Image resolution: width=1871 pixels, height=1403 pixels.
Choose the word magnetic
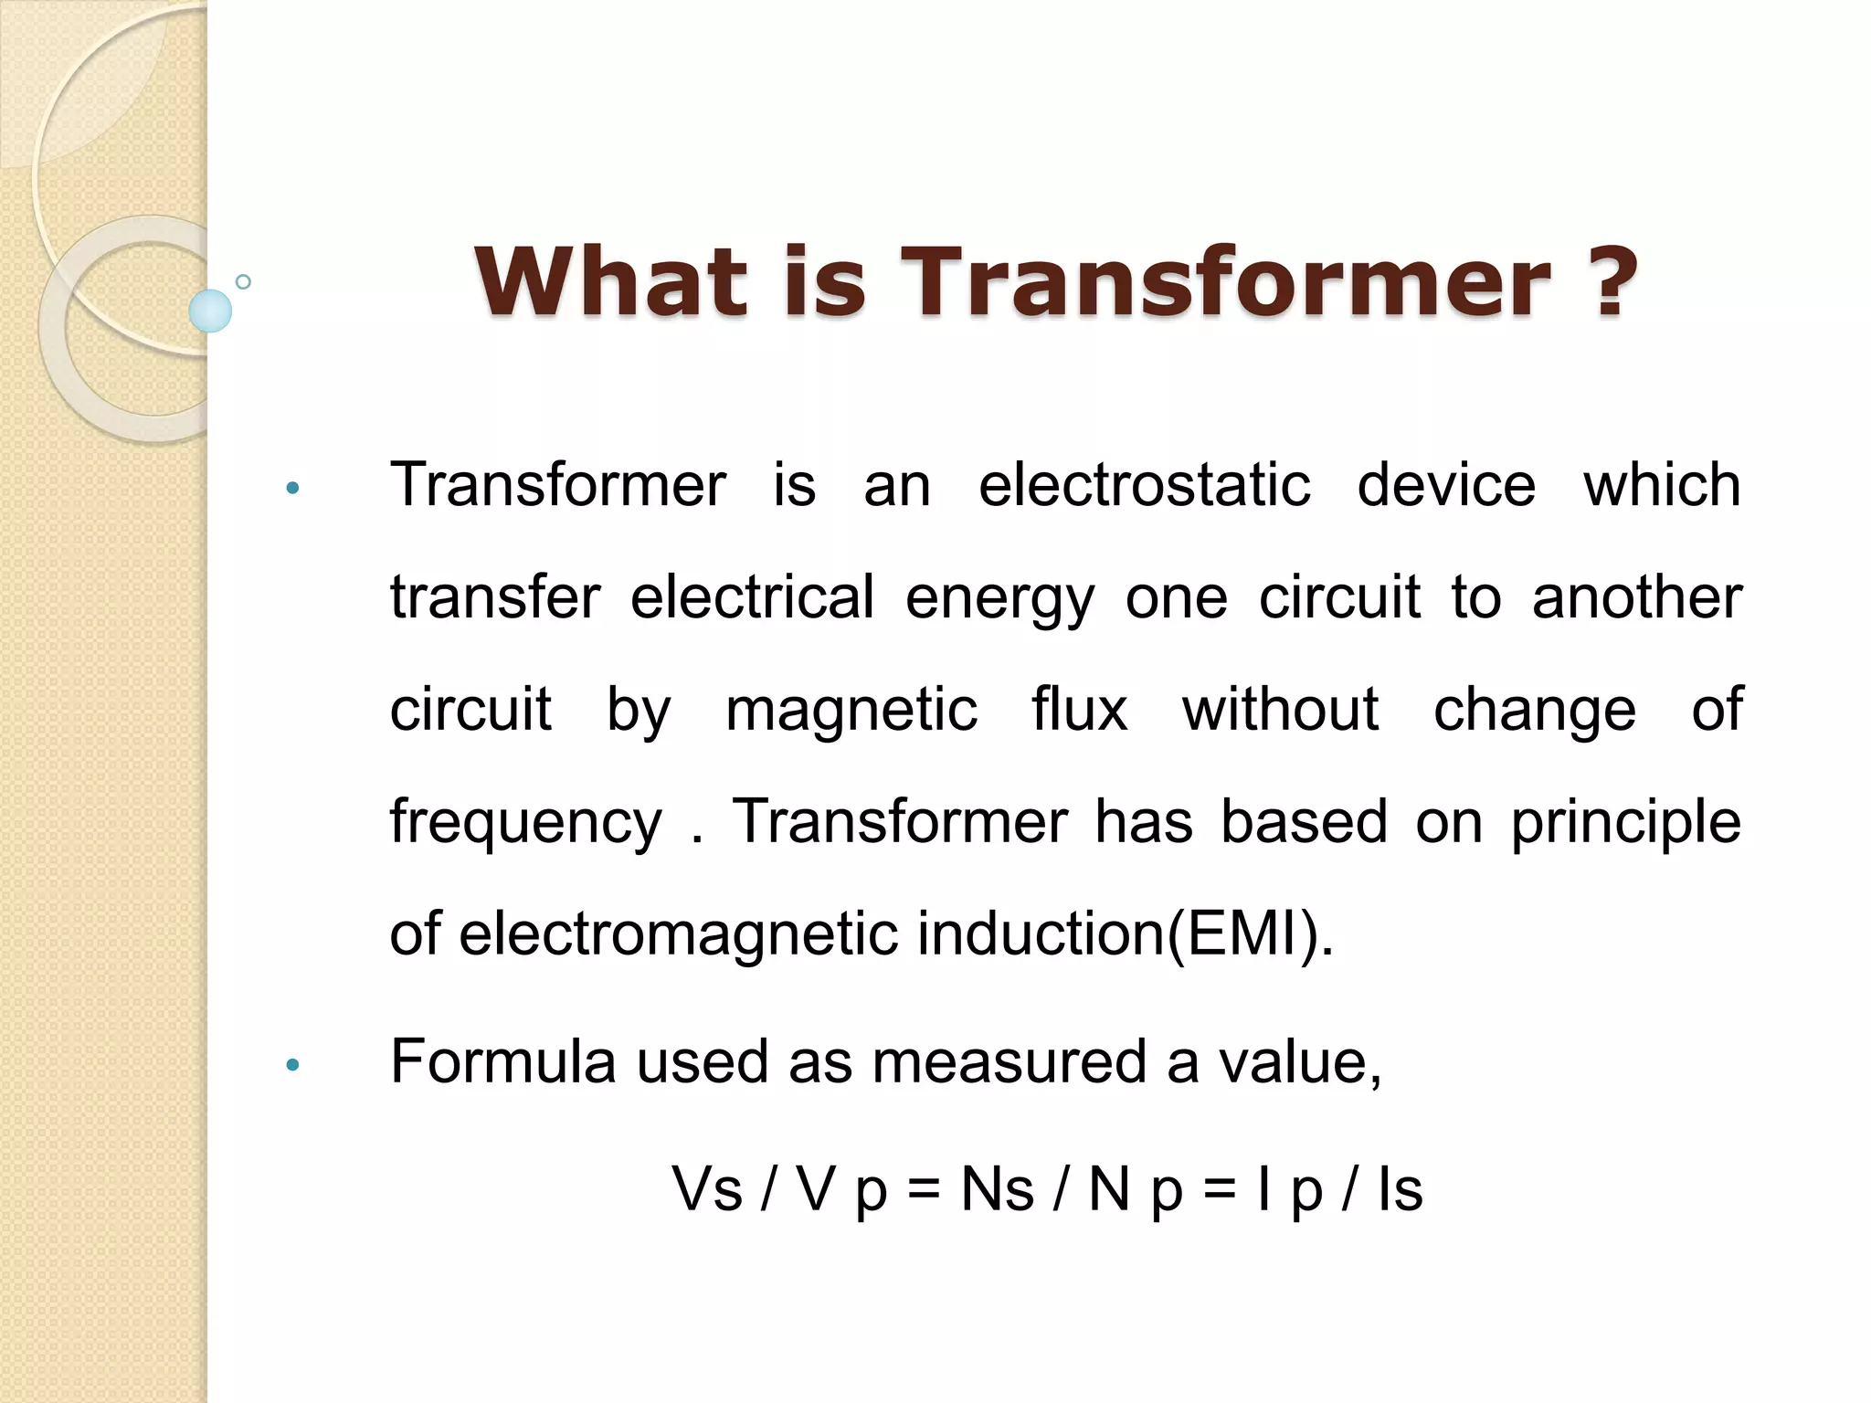[851, 710]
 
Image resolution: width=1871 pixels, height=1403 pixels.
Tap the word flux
[1079, 710]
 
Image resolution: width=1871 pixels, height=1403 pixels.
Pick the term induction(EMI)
[1125, 934]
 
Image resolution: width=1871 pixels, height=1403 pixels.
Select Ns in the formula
[997, 1189]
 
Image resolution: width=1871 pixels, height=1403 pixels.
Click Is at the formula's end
[1400, 1189]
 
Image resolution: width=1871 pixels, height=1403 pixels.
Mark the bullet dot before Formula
[292, 1064]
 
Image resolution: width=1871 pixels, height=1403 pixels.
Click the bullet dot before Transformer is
[292, 488]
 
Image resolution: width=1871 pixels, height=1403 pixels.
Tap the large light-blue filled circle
[210, 311]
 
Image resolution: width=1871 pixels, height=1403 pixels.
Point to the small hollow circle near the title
[243, 281]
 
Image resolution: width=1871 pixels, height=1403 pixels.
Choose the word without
[1280, 710]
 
